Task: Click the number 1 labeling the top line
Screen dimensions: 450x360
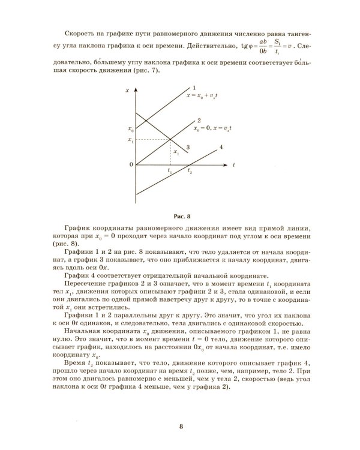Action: point(194,89)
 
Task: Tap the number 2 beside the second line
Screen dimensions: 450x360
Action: point(199,121)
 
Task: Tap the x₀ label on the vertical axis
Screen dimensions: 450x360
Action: point(130,129)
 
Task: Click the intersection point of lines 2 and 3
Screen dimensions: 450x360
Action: point(170,140)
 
